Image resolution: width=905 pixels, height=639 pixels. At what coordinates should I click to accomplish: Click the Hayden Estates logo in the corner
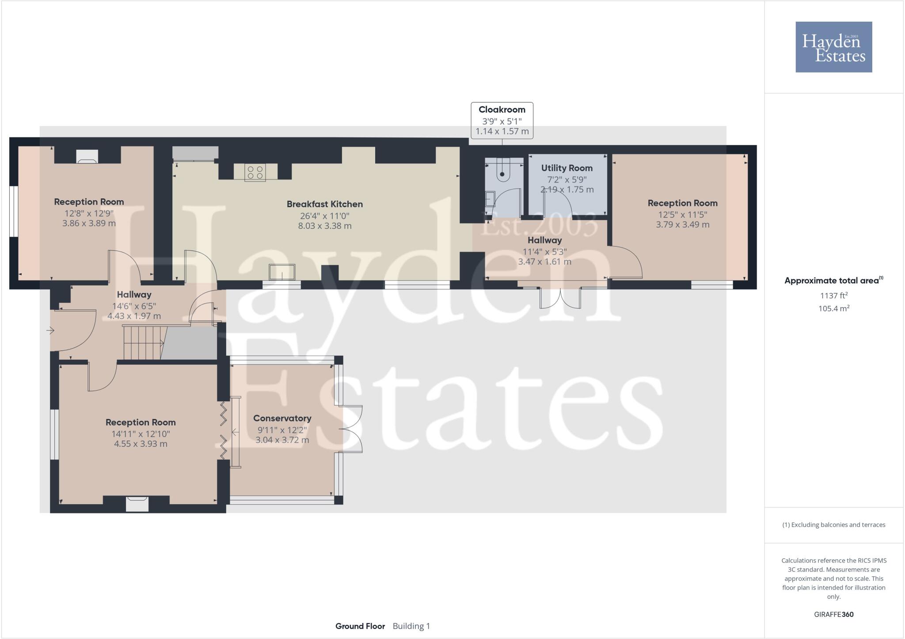coord(833,47)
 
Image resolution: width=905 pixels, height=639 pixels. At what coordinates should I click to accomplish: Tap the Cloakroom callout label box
coord(502,120)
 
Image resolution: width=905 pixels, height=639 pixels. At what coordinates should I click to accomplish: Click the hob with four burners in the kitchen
coord(255,172)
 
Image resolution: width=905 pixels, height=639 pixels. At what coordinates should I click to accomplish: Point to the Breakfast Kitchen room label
coord(325,204)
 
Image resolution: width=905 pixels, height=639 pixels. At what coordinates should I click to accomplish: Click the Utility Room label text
coord(567,168)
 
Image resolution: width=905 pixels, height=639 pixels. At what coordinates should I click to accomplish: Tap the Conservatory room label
coord(282,418)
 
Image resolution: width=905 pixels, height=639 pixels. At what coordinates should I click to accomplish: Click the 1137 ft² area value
coord(833,296)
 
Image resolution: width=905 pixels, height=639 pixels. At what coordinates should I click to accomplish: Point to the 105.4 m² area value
coord(833,308)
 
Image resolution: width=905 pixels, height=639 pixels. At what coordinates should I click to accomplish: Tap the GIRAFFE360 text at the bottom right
coord(833,614)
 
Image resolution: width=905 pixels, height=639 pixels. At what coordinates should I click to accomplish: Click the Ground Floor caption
coord(360,626)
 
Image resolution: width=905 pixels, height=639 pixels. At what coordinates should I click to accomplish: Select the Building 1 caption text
coord(411,626)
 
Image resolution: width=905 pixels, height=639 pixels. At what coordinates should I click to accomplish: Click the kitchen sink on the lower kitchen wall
coord(282,272)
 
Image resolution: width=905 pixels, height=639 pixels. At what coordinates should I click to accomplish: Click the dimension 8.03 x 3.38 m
coord(325,226)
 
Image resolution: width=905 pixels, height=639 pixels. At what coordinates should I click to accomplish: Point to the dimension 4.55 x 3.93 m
coord(141,444)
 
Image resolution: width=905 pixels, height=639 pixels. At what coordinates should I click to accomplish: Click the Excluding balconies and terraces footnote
coord(833,525)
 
